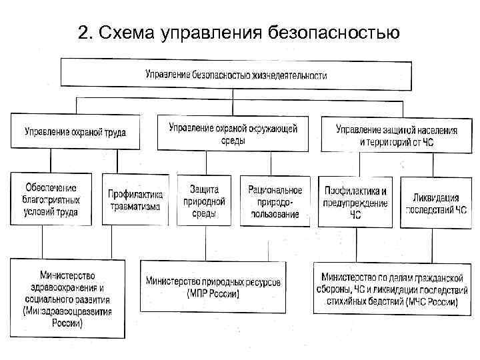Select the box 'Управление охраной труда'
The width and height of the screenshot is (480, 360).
(77, 132)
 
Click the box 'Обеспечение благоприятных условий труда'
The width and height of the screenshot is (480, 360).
(52, 199)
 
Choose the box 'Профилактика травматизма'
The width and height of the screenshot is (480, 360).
(135, 199)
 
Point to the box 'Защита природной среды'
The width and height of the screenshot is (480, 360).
(204, 199)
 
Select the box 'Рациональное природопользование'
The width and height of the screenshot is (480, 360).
(275, 199)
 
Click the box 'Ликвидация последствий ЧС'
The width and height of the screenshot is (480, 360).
(433, 199)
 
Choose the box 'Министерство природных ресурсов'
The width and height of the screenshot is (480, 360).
(213, 287)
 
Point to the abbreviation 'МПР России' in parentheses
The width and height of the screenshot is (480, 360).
(213, 294)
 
